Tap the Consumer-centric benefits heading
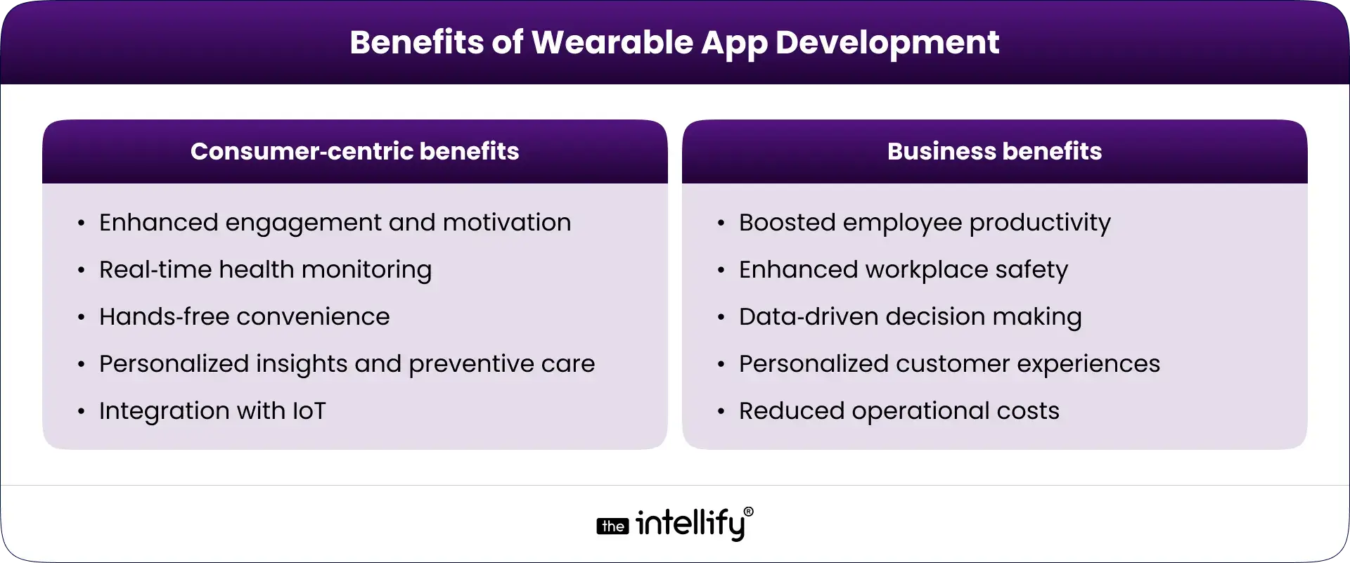coord(354,151)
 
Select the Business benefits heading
coord(994,151)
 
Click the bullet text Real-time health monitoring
coord(265,269)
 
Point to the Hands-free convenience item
coord(244,316)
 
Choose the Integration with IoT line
coord(212,410)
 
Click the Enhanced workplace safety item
coord(903,269)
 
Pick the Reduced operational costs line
coord(899,410)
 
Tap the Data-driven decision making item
coord(910,316)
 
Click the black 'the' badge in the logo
coord(612,526)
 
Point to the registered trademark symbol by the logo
coord(748,512)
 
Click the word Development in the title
coord(887,42)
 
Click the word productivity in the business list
coord(1040,222)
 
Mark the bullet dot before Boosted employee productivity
coord(721,224)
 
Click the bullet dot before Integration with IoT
coord(82,412)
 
